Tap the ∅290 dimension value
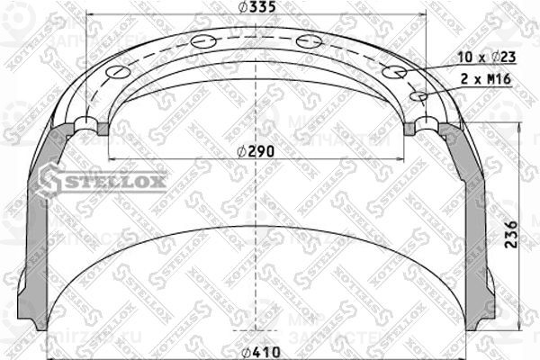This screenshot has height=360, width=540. [256, 150]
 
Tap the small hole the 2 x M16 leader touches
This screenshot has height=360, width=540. [418, 95]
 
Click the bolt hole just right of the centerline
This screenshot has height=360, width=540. [309, 40]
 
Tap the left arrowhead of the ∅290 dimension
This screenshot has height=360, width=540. [111, 159]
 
